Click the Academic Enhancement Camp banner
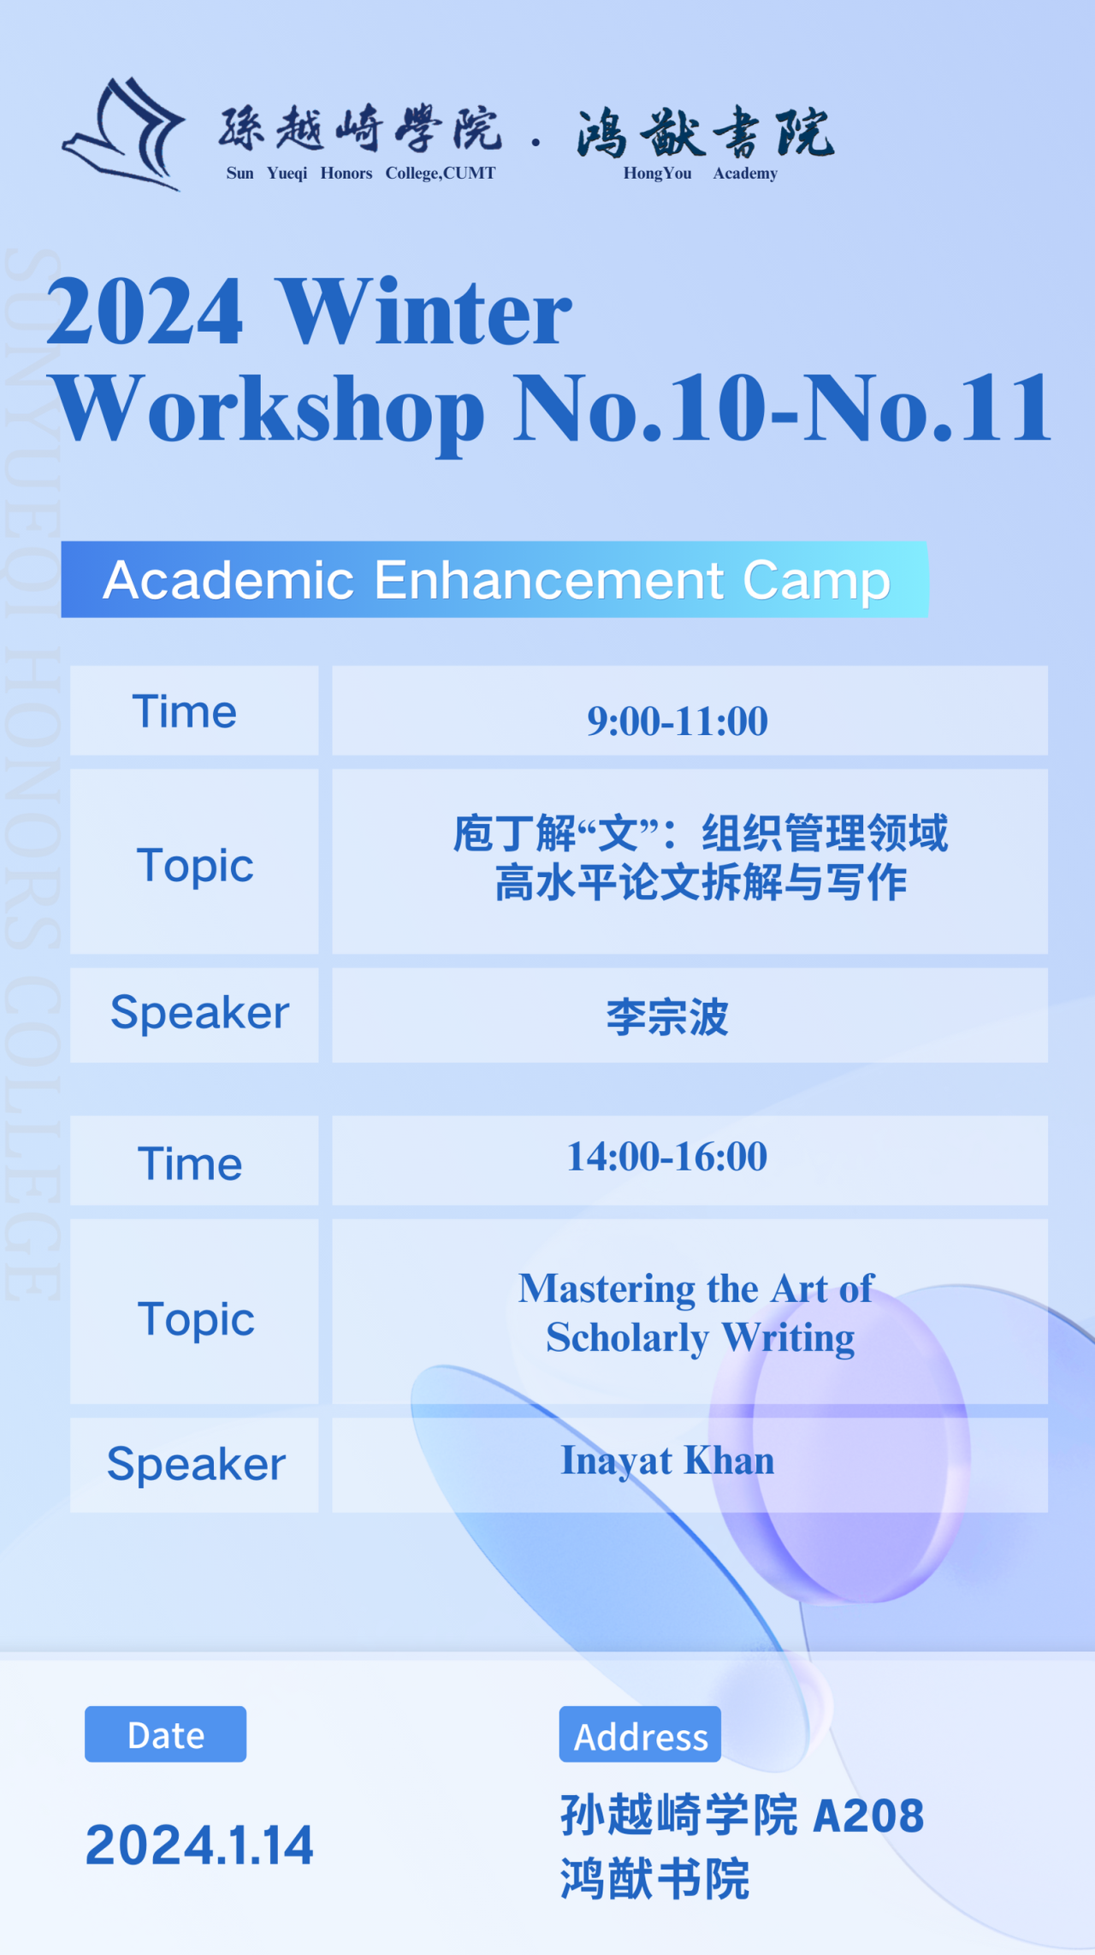point(494,579)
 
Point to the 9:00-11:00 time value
point(677,720)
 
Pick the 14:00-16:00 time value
point(667,1156)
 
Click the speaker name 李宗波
point(667,1017)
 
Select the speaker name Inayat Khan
point(667,1460)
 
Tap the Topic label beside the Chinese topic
point(195,867)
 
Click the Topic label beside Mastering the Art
point(196,1320)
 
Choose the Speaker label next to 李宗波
point(199,1014)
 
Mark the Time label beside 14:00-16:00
point(190,1164)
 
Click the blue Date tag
point(165,1734)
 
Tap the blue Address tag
point(640,1734)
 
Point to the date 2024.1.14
point(199,1845)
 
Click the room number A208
point(868,1816)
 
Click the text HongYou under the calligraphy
point(657,173)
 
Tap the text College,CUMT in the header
point(441,173)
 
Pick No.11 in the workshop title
point(927,408)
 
